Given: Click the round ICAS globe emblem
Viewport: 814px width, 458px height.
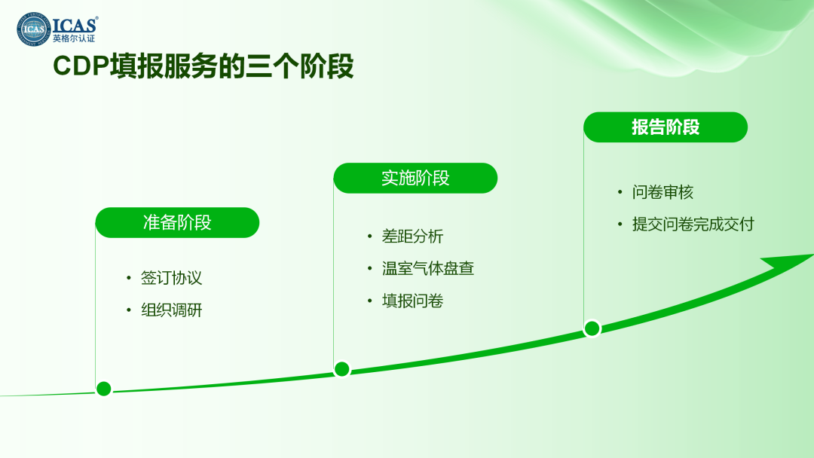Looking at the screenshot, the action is coord(34,29).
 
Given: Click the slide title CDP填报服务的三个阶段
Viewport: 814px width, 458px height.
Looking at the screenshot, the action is coord(203,66).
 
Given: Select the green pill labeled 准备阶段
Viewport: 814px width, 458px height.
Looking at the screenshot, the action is coord(177,222).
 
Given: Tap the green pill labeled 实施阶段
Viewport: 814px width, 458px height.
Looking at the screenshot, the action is coord(415,178).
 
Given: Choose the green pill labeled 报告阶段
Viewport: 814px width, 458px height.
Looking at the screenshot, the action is coord(666,127).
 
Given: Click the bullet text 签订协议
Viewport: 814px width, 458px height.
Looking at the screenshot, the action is coord(171,278).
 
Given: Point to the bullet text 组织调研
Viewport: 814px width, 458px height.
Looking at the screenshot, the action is coord(171,310).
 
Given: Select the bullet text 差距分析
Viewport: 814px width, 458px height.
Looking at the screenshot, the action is coord(412,237).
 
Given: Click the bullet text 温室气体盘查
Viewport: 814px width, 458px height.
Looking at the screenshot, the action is coord(428,269).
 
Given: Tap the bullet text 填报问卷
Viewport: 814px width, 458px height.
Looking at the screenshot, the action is coord(412,301).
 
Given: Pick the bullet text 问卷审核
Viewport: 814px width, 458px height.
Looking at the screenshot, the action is coord(663,192).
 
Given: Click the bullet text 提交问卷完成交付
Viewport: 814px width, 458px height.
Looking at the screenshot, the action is coord(693,224).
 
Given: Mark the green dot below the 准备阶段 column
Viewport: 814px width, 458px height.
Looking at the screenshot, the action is coord(104,389).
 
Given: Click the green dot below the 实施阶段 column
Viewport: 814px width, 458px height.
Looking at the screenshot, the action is coord(342,369).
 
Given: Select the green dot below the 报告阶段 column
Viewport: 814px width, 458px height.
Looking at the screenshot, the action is coord(592,328).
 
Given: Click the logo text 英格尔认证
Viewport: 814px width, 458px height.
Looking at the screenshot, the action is coord(74,39).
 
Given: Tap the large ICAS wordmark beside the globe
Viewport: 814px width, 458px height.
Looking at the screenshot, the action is coord(75,25).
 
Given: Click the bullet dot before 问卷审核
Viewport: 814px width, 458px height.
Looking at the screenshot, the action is coord(620,192).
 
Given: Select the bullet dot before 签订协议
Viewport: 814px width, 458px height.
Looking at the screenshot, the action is coord(129,278).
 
